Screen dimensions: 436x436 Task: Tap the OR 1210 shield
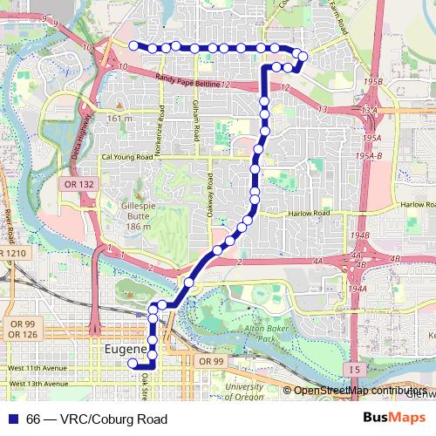click(14, 252)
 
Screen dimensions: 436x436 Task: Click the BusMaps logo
click(396, 419)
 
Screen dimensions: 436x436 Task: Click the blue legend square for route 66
click(11, 419)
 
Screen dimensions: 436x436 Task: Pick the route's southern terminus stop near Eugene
click(133, 364)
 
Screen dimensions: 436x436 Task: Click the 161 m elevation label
click(119, 118)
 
